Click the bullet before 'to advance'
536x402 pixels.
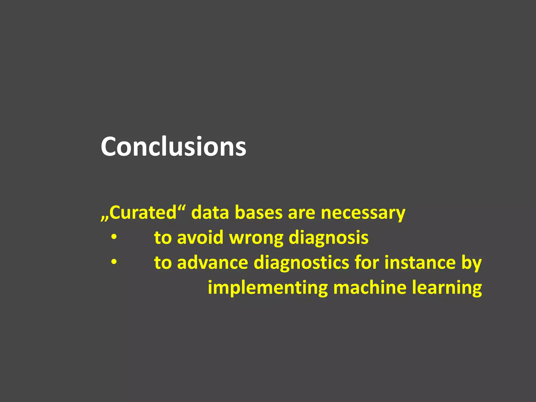(x=114, y=262)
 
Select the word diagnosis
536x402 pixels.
(x=328, y=238)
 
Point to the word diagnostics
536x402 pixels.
(x=301, y=263)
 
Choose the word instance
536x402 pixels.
(x=420, y=263)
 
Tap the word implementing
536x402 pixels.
(x=267, y=288)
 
